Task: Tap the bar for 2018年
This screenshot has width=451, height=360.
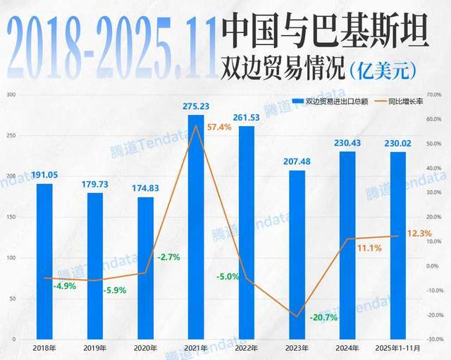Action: click(x=44, y=261)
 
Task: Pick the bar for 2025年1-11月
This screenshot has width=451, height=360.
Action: click(x=398, y=247)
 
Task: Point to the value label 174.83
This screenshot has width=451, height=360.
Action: click(x=145, y=188)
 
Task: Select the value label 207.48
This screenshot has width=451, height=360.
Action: click(x=297, y=161)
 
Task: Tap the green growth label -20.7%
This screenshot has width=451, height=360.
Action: click(x=324, y=318)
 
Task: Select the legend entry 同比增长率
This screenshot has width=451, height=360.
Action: click(x=405, y=101)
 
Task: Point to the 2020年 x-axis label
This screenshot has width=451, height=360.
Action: click(x=145, y=348)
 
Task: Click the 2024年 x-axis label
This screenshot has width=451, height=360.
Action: click(x=348, y=348)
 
